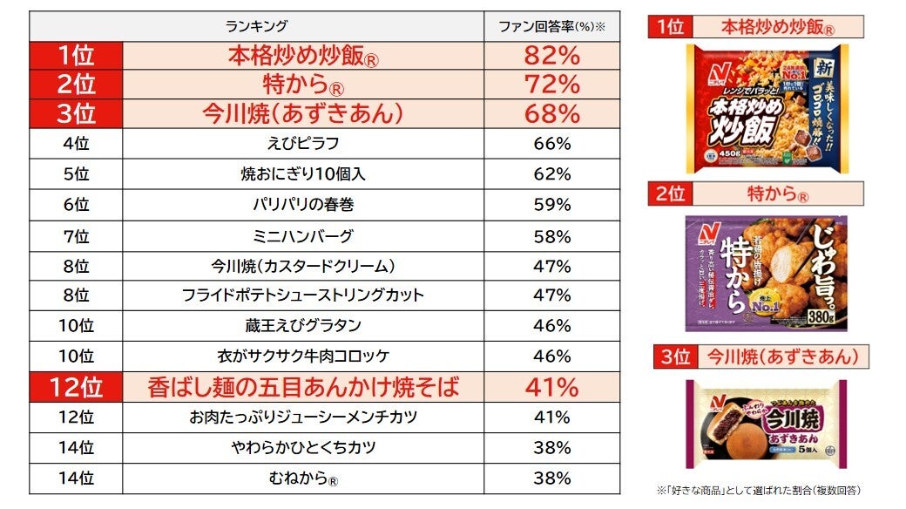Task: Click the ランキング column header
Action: click(256, 26)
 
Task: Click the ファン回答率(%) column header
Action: click(551, 26)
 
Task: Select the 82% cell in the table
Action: click(551, 56)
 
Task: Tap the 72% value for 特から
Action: click(551, 85)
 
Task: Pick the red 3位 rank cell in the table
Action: click(75, 113)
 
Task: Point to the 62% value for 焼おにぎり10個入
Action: click(551, 174)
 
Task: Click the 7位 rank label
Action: click(77, 236)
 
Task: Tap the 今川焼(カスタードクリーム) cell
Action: click(302, 266)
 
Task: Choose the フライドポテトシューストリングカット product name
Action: click(302, 295)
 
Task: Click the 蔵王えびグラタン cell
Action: click(302, 326)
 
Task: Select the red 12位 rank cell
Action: click(75, 386)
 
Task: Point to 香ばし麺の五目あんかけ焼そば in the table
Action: click(302, 386)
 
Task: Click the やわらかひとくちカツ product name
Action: click(302, 447)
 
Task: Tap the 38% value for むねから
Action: click(551, 478)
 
